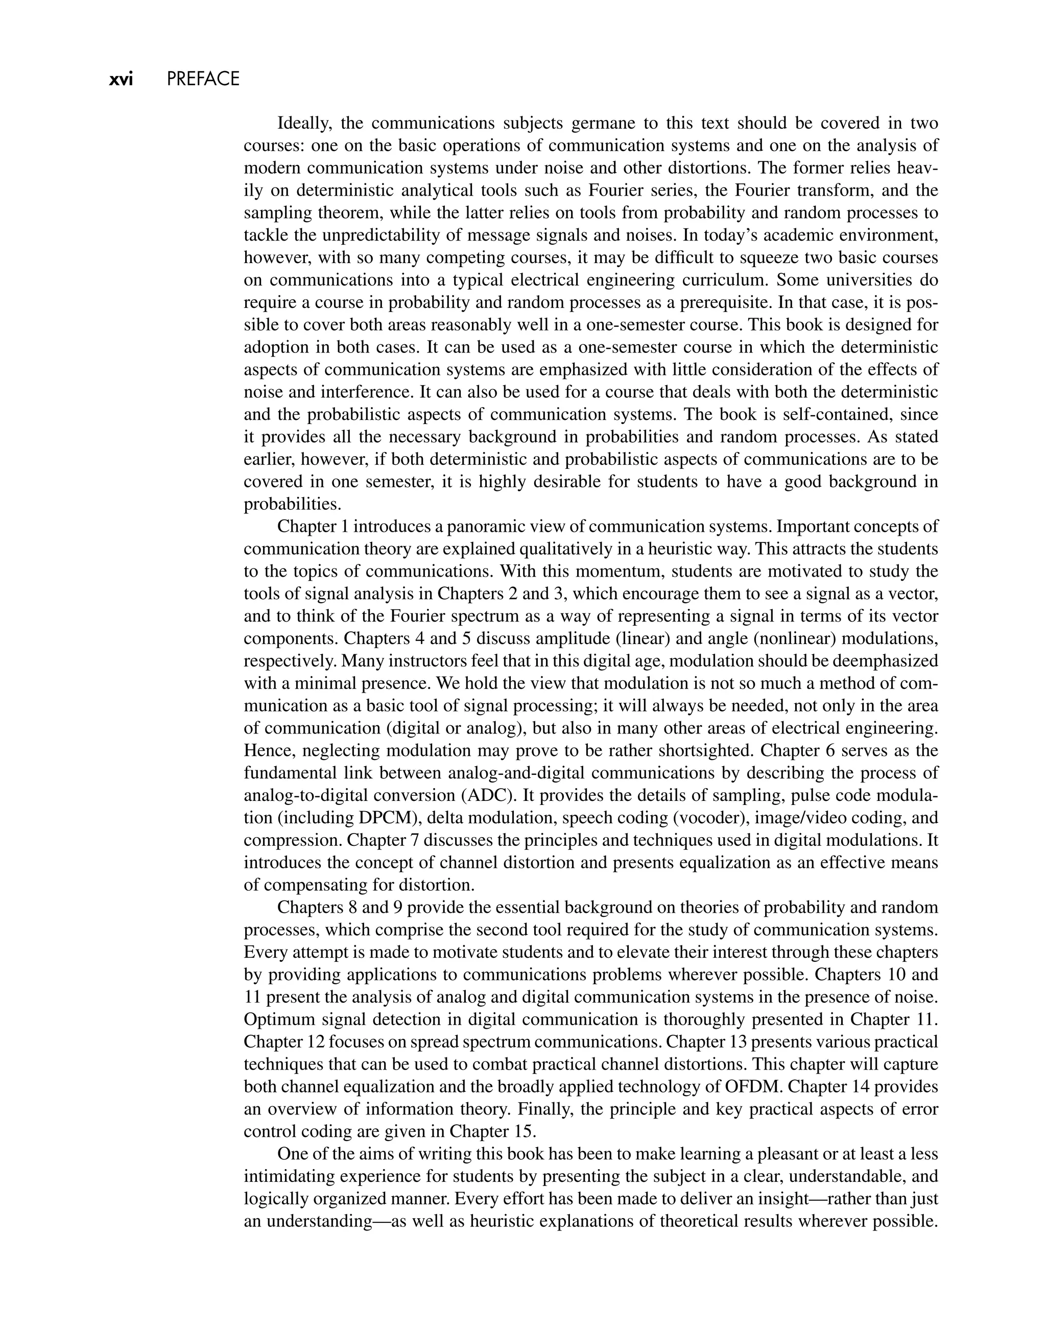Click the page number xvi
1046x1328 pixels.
tap(121, 80)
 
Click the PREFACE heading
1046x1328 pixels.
tap(203, 80)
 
